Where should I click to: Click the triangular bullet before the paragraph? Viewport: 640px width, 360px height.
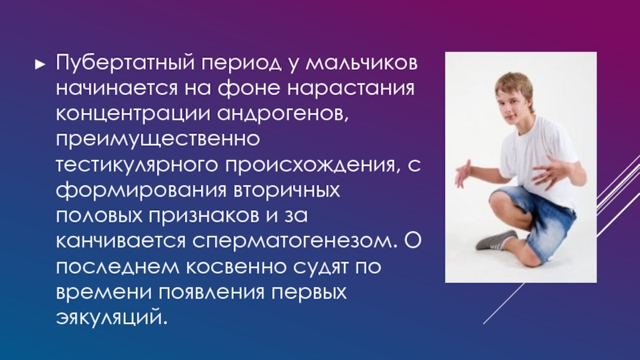tap(40, 64)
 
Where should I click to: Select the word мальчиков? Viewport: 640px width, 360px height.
tap(362, 64)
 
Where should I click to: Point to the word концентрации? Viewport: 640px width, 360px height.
tap(133, 114)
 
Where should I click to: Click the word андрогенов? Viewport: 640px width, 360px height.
tap(283, 114)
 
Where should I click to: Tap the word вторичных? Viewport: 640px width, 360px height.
tap(287, 190)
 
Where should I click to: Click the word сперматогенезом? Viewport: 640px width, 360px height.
tap(294, 242)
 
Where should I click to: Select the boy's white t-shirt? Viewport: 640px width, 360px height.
tap(538, 157)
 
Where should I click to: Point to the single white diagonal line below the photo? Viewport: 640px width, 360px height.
tap(504, 303)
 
